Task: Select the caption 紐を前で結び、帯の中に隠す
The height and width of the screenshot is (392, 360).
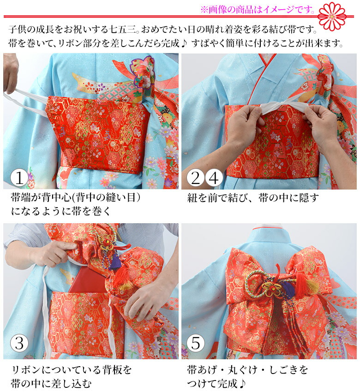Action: click(x=253, y=198)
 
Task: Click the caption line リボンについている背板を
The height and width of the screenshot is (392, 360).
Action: click(x=71, y=369)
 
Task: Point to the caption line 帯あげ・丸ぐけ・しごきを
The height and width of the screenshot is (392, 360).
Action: click(x=247, y=369)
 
